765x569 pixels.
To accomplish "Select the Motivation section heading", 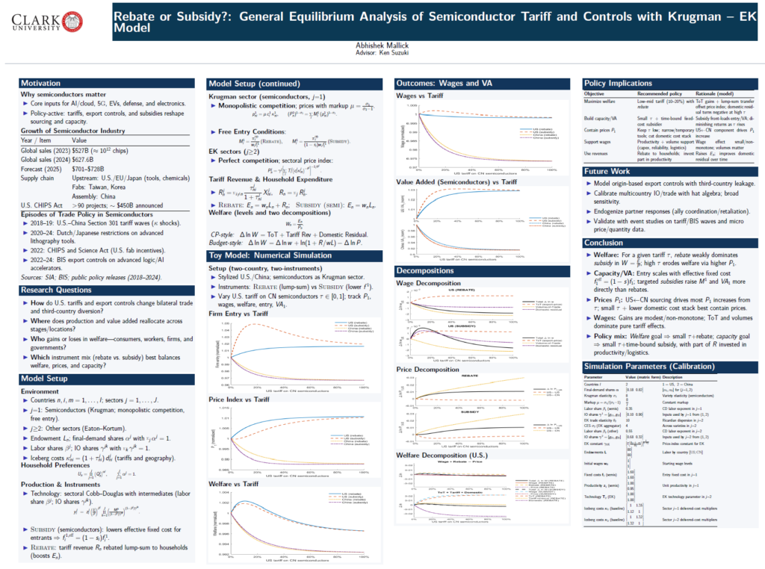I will click(x=42, y=83).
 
